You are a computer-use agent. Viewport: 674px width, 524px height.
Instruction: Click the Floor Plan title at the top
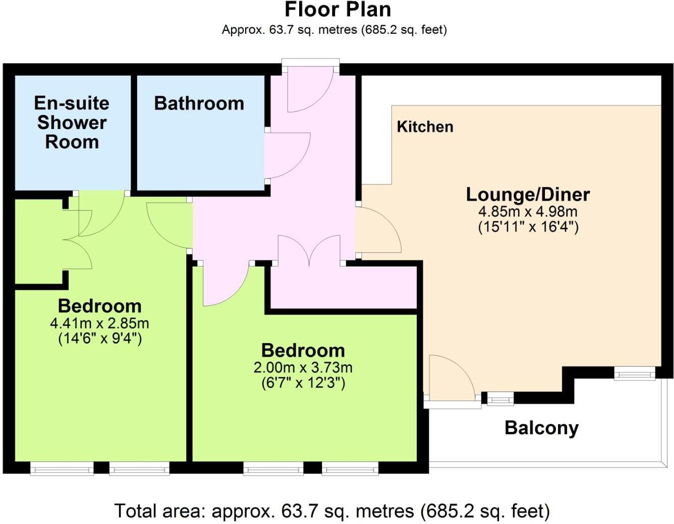coord(337,10)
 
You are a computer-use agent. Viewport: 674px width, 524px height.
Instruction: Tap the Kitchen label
coord(425,126)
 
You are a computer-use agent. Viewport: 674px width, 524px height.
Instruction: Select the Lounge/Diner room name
coord(528,194)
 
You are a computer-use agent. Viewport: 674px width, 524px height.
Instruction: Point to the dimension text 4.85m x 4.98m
coord(528,212)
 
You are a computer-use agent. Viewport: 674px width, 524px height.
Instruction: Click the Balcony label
coord(541,428)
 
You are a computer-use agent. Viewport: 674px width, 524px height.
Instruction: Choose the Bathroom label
coord(199,103)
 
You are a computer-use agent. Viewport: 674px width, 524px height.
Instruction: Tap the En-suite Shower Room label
coord(72,122)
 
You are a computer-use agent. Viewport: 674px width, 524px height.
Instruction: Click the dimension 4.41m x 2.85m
coord(99,323)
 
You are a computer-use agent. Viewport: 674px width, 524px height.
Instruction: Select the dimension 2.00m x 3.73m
coord(303,367)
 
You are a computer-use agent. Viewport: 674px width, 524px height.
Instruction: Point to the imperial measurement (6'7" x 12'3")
coord(303,383)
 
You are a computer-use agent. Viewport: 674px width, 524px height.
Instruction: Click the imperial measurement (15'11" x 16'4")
coord(528,227)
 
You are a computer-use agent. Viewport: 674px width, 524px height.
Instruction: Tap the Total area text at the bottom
coord(332,511)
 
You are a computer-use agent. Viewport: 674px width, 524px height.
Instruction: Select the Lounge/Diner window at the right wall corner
coord(634,373)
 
